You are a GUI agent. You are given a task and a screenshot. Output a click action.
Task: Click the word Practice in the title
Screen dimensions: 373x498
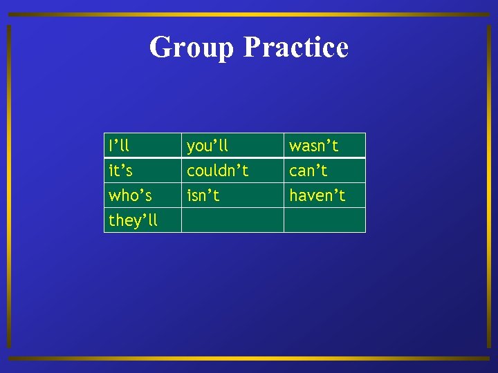pos(296,47)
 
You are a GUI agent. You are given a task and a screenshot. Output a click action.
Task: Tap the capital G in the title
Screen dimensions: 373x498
pos(162,47)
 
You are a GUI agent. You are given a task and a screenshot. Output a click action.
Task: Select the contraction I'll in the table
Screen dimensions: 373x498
pos(118,146)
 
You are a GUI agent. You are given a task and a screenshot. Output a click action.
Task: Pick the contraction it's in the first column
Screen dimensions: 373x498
pos(121,170)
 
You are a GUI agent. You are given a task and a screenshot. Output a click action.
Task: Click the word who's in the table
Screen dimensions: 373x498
pos(130,195)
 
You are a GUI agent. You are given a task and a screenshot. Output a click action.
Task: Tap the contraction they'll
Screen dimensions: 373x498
pos(133,220)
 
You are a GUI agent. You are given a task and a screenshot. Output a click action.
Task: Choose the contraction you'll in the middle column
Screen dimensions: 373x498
pos(207,146)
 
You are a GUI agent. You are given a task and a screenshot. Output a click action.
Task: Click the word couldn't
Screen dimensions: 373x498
pos(217,170)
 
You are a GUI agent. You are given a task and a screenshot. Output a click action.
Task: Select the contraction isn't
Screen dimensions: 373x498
pos(203,195)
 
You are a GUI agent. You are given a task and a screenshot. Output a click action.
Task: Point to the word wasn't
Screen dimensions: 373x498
pos(313,146)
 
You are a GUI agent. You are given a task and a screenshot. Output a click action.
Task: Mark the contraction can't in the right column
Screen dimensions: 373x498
pos(308,170)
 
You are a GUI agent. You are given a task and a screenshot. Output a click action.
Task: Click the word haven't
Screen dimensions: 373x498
pos(317,195)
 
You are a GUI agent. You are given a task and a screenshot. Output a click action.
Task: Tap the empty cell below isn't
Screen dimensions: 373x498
pos(232,220)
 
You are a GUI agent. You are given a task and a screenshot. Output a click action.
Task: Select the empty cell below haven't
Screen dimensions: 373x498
pos(324,220)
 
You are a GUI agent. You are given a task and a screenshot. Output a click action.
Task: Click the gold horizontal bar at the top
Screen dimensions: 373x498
pos(249,15)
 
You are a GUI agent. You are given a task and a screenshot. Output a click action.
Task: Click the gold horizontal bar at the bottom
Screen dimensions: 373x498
pos(249,358)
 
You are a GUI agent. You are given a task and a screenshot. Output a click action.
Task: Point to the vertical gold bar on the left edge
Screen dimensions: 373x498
pos(9,186)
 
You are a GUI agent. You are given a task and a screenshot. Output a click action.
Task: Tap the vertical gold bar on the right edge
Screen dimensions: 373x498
pos(489,186)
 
